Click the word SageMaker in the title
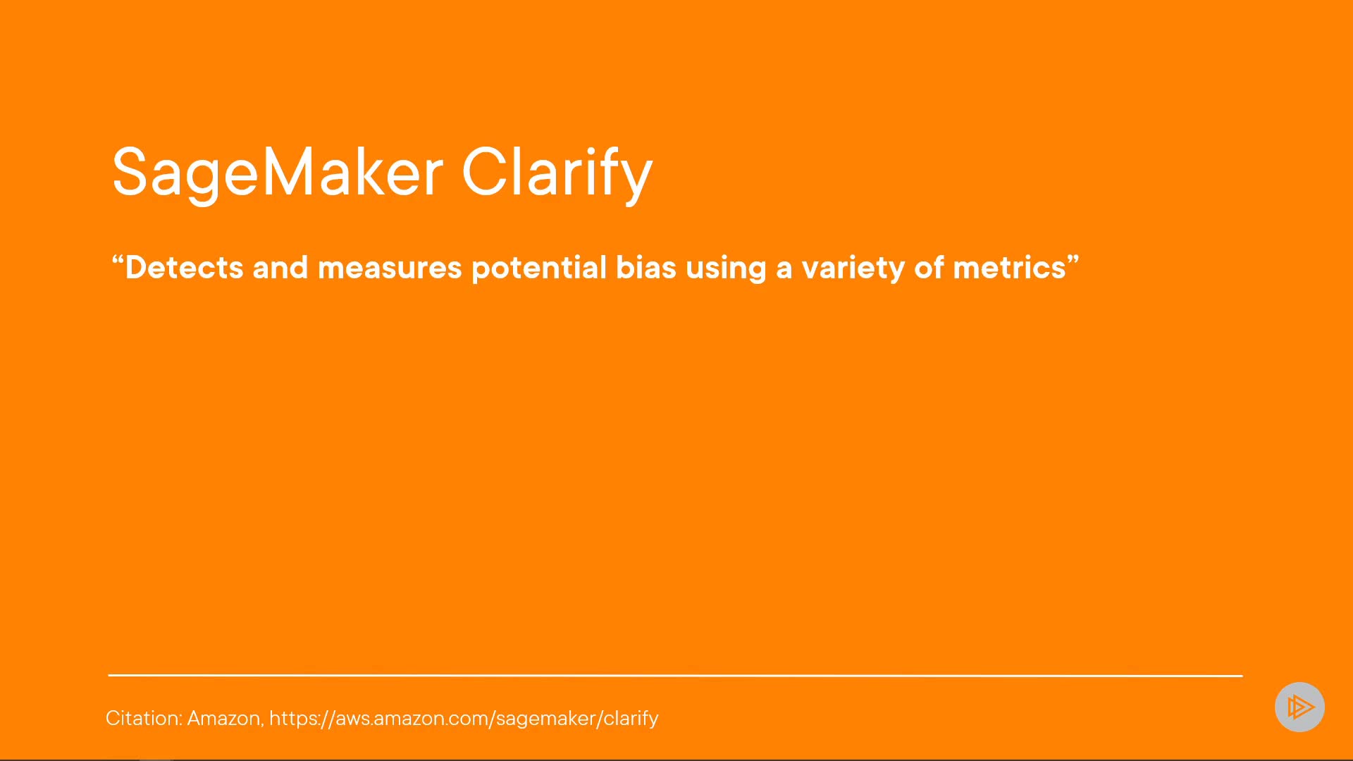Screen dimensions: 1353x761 coord(278,173)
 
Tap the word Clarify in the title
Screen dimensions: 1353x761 coord(557,173)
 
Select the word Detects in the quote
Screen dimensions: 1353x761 coord(184,268)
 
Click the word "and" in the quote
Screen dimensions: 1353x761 coord(280,268)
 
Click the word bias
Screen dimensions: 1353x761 coord(646,268)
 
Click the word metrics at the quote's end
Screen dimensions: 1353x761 coord(1009,268)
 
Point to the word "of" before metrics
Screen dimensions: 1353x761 coord(929,268)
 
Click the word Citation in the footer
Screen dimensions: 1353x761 coord(144,718)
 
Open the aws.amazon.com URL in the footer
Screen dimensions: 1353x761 coord(464,719)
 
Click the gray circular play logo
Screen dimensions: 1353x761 coord(1299,707)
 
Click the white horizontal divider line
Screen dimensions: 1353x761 coord(675,675)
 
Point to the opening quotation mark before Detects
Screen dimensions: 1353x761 coord(118,261)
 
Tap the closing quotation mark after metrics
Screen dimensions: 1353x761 coord(1073,261)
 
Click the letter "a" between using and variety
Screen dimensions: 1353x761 coord(784,270)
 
